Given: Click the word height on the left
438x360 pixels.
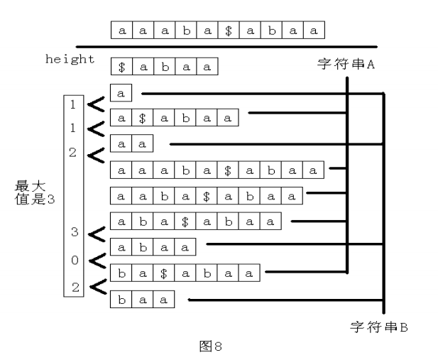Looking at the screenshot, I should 70,59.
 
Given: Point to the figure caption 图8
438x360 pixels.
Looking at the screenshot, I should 212,347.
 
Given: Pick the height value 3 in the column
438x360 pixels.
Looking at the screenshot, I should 73,231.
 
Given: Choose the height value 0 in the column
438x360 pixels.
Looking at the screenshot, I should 73,260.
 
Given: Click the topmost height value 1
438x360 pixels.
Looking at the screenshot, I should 73,104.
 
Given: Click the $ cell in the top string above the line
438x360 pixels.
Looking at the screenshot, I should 228,31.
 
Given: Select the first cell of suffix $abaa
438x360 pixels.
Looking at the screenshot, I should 121,67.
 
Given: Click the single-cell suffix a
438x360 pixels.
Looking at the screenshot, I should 121,93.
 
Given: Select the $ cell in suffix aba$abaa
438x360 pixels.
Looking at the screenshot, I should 185,222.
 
